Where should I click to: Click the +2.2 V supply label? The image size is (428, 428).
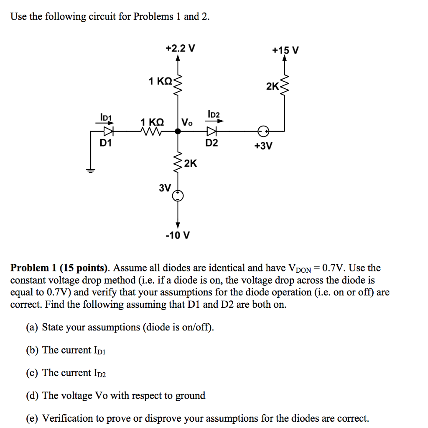(180, 48)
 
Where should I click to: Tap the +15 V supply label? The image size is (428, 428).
(285, 51)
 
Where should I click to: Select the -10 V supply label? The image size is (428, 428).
(178, 235)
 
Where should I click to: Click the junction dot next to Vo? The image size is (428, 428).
(178, 131)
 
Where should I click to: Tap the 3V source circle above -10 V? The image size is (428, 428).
(178, 195)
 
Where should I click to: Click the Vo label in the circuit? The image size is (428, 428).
(187, 122)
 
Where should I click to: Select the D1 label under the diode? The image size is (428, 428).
(106, 143)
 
